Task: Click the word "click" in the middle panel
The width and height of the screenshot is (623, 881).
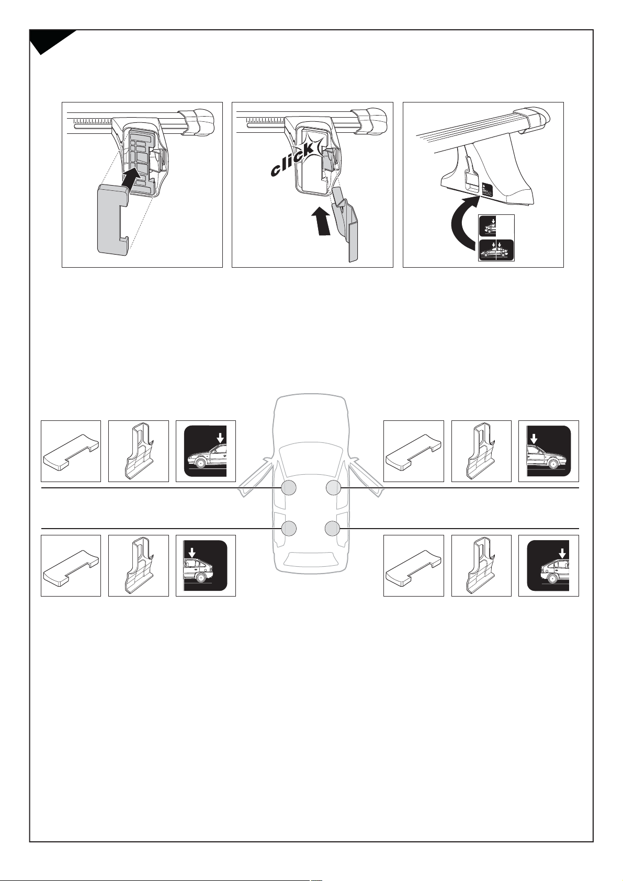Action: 292,159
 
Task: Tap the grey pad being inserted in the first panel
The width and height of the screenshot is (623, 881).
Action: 112,220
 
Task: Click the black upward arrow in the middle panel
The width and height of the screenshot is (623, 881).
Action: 322,221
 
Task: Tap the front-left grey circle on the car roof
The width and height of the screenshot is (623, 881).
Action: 288,488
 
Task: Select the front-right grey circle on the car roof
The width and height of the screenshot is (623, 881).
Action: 333,488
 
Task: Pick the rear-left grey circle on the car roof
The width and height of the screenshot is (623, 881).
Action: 289,528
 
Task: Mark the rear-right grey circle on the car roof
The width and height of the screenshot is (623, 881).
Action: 333,528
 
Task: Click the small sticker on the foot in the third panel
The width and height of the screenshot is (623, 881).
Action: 487,190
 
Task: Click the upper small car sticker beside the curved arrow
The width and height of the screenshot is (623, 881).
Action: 488,226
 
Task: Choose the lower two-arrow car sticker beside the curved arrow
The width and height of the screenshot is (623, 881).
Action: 496,250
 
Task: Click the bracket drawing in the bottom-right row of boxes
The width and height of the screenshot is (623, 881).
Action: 481,567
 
